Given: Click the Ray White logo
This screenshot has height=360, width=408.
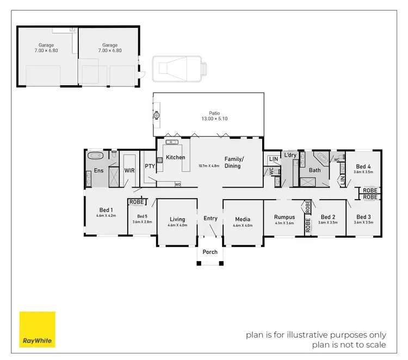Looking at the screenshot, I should [x=38, y=329].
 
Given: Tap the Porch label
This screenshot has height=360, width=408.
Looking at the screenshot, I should [x=210, y=252].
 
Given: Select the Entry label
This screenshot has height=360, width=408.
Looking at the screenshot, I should [x=211, y=219].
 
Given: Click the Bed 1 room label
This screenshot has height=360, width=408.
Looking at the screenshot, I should [x=106, y=210].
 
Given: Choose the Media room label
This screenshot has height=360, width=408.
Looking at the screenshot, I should [x=243, y=219].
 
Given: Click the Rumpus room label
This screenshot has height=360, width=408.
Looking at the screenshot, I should [x=284, y=217].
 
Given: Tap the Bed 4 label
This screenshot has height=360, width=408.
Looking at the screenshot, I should [x=363, y=166].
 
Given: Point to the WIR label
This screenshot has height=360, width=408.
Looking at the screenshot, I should [x=129, y=170].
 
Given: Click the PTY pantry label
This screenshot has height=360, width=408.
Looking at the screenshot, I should [x=150, y=166].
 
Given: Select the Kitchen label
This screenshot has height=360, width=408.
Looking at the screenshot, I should [x=176, y=157].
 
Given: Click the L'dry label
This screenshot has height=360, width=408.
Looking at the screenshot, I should [x=290, y=155].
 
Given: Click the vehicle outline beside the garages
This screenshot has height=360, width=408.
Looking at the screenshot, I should [x=180, y=67].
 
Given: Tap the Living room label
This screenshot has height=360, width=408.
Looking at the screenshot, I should [x=177, y=219].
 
